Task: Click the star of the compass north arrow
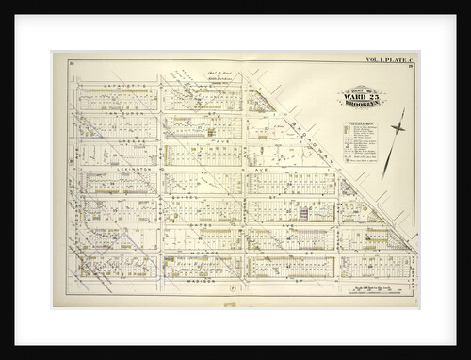[397, 125]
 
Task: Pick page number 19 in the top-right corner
[412, 68]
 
